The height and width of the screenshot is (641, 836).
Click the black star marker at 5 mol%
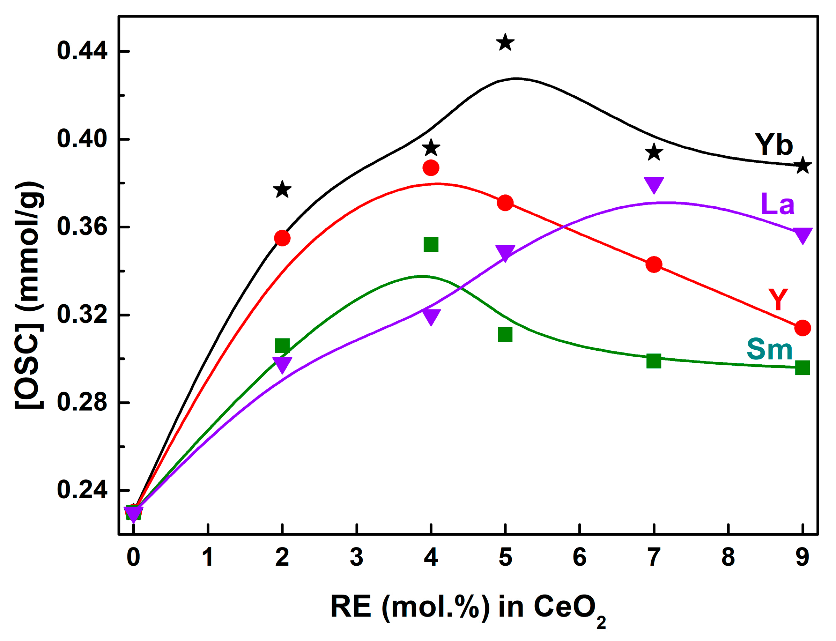pos(505,42)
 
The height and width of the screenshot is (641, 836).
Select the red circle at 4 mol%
pos(431,167)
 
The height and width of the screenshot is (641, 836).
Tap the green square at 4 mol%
pos(431,245)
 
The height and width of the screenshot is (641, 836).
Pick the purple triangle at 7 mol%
pos(654,184)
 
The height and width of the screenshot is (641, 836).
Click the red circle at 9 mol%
pos(802,328)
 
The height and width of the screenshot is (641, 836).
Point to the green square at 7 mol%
pos(654,360)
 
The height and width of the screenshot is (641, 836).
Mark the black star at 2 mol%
pos(282,189)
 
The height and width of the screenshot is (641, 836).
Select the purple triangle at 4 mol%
pos(431,316)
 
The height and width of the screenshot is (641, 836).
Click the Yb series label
pos(774,145)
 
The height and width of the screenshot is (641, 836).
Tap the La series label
pos(778,204)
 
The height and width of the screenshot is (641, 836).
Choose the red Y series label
pos(778,299)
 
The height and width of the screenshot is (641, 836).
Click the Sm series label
pos(769,349)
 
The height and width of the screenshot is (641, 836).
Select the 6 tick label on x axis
pos(579,557)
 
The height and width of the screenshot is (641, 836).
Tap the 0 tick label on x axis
pos(133,557)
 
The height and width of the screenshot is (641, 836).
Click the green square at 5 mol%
pos(505,335)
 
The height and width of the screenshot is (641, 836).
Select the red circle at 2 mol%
pos(282,238)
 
